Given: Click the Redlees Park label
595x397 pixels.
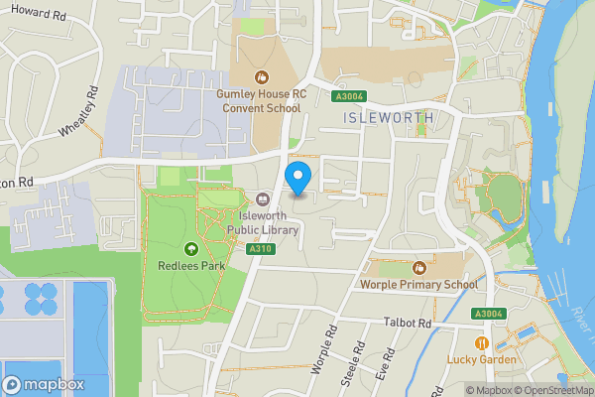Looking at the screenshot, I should pyautogui.click(x=191, y=265).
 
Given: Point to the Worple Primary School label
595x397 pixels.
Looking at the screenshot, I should pyautogui.click(x=419, y=285).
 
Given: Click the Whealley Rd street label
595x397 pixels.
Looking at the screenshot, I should pyautogui.click(x=78, y=116).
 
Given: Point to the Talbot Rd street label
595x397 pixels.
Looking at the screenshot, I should pyautogui.click(x=409, y=324).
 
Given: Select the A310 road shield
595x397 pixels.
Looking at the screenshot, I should pyautogui.click(x=262, y=248).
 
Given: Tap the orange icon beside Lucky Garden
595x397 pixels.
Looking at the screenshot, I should pyautogui.click(x=482, y=343).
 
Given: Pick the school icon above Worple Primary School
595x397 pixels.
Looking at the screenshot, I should pyautogui.click(x=419, y=268).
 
